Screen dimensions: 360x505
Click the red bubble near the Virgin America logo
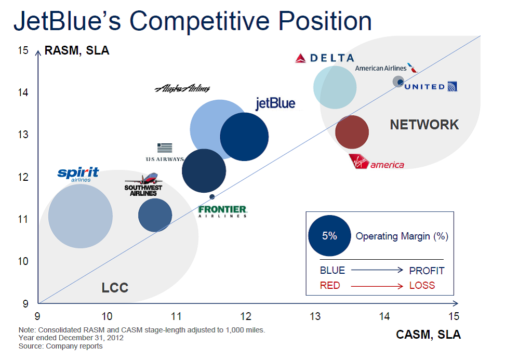click(x=352, y=132)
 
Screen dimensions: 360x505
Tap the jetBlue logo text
click(x=275, y=103)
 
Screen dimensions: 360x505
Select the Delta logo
click(x=324, y=58)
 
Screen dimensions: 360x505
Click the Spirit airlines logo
click(x=78, y=174)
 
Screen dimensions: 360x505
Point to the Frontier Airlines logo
click(x=223, y=211)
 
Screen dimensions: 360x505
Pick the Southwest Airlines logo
click(x=143, y=185)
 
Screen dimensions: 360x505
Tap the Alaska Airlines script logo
click(x=182, y=89)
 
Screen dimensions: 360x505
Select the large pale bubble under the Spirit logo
click(x=81, y=216)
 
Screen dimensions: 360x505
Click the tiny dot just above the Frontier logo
click(x=212, y=196)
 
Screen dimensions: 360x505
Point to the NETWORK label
click(x=424, y=125)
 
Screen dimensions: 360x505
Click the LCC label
click(x=115, y=288)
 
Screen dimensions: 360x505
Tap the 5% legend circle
click(x=329, y=236)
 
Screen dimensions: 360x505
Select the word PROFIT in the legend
click(x=427, y=271)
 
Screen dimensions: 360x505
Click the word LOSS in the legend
click(x=422, y=285)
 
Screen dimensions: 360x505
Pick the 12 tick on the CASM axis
click(x=246, y=316)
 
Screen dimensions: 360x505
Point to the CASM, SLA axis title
click(x=428, y=335)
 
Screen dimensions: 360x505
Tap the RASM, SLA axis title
click(x=77, y=51)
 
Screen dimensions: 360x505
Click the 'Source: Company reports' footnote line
click(x=61, y=346)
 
